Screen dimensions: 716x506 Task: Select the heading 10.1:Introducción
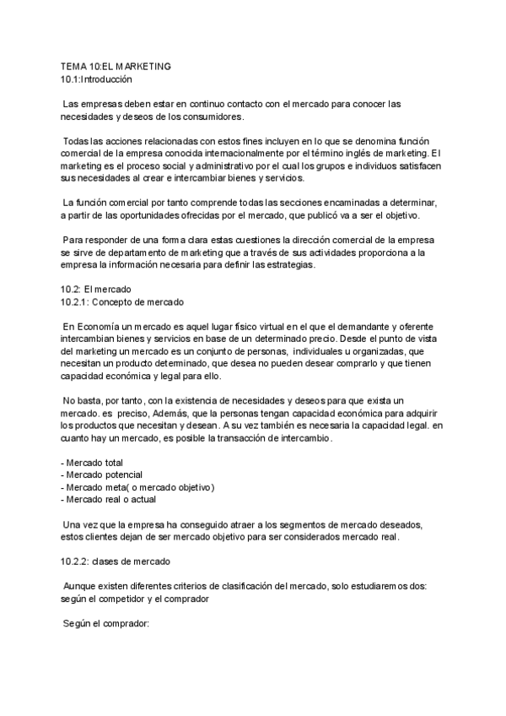(97, 79)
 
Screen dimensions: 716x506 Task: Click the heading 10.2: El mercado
(97, 289)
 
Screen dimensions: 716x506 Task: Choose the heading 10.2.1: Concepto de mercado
(122, 301)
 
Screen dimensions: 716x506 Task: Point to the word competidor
(128, 599)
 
